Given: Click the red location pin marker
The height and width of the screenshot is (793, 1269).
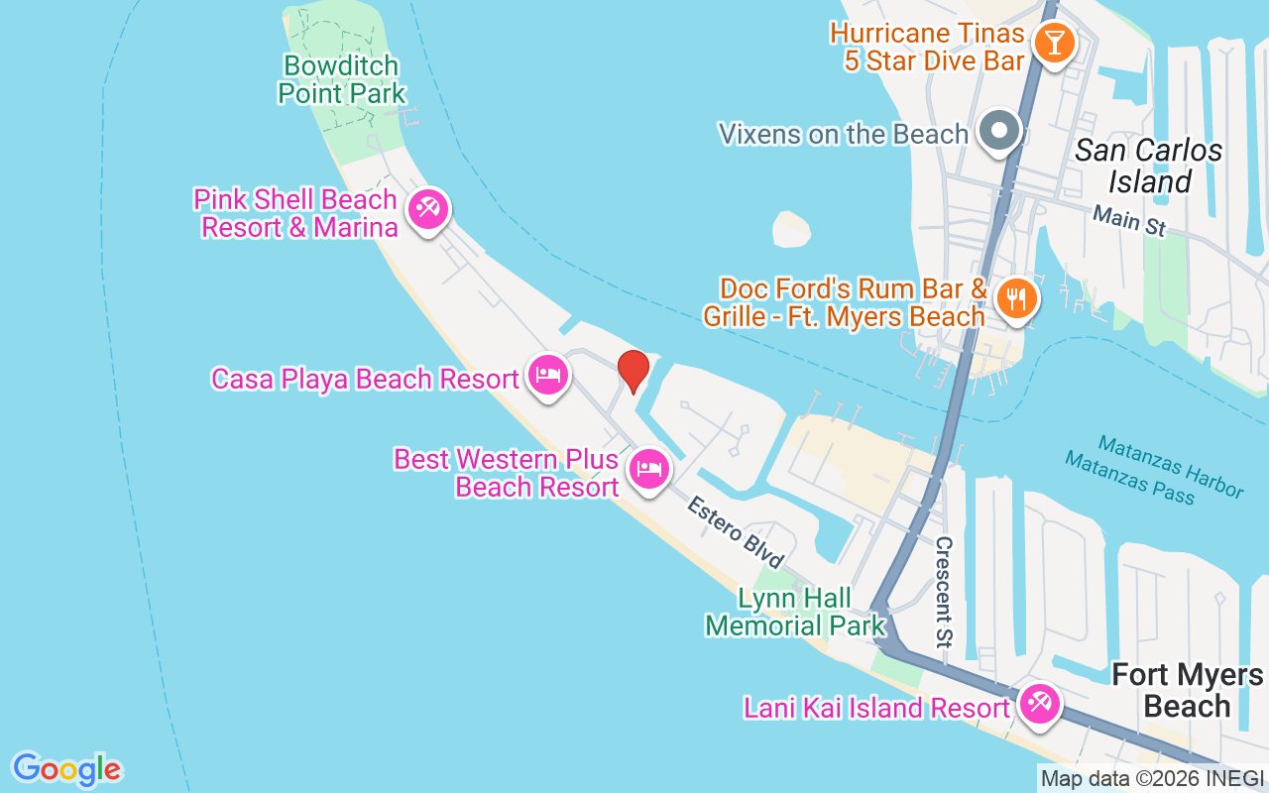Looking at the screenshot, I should tap(634, 372).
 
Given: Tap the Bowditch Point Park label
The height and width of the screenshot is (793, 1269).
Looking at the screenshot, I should tap(342, 80).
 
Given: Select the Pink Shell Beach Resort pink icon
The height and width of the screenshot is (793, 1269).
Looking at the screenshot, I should tap(428, 210).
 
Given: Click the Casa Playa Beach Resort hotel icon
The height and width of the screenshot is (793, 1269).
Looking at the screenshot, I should tap(547, 375).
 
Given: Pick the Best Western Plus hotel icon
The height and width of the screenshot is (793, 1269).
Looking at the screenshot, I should tap(649, 469).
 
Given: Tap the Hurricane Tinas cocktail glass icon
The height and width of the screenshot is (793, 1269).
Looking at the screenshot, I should tap(1051, 43).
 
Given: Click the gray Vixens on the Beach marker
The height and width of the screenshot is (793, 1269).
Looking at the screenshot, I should tap(1000, 130).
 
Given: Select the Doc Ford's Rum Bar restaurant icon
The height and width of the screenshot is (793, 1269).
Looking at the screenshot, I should tap(1016, 297).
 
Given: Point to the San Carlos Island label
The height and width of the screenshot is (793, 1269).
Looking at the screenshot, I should tap(1148, 166).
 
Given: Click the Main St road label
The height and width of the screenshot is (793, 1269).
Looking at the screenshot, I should tap(1129, 220).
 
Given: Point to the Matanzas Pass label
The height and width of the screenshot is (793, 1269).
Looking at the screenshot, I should tap(1129, 477).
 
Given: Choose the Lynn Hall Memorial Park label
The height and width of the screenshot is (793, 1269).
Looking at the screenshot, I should tap(794, 612).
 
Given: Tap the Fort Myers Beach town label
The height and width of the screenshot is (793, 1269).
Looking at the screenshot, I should tap(1187, 691).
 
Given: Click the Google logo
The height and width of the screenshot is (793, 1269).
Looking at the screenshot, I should tap(66, 769).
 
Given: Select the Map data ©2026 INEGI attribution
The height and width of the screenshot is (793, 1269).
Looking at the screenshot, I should tap(1152, 779).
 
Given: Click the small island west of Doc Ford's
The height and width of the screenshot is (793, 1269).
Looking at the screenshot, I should tap(791, 229).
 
